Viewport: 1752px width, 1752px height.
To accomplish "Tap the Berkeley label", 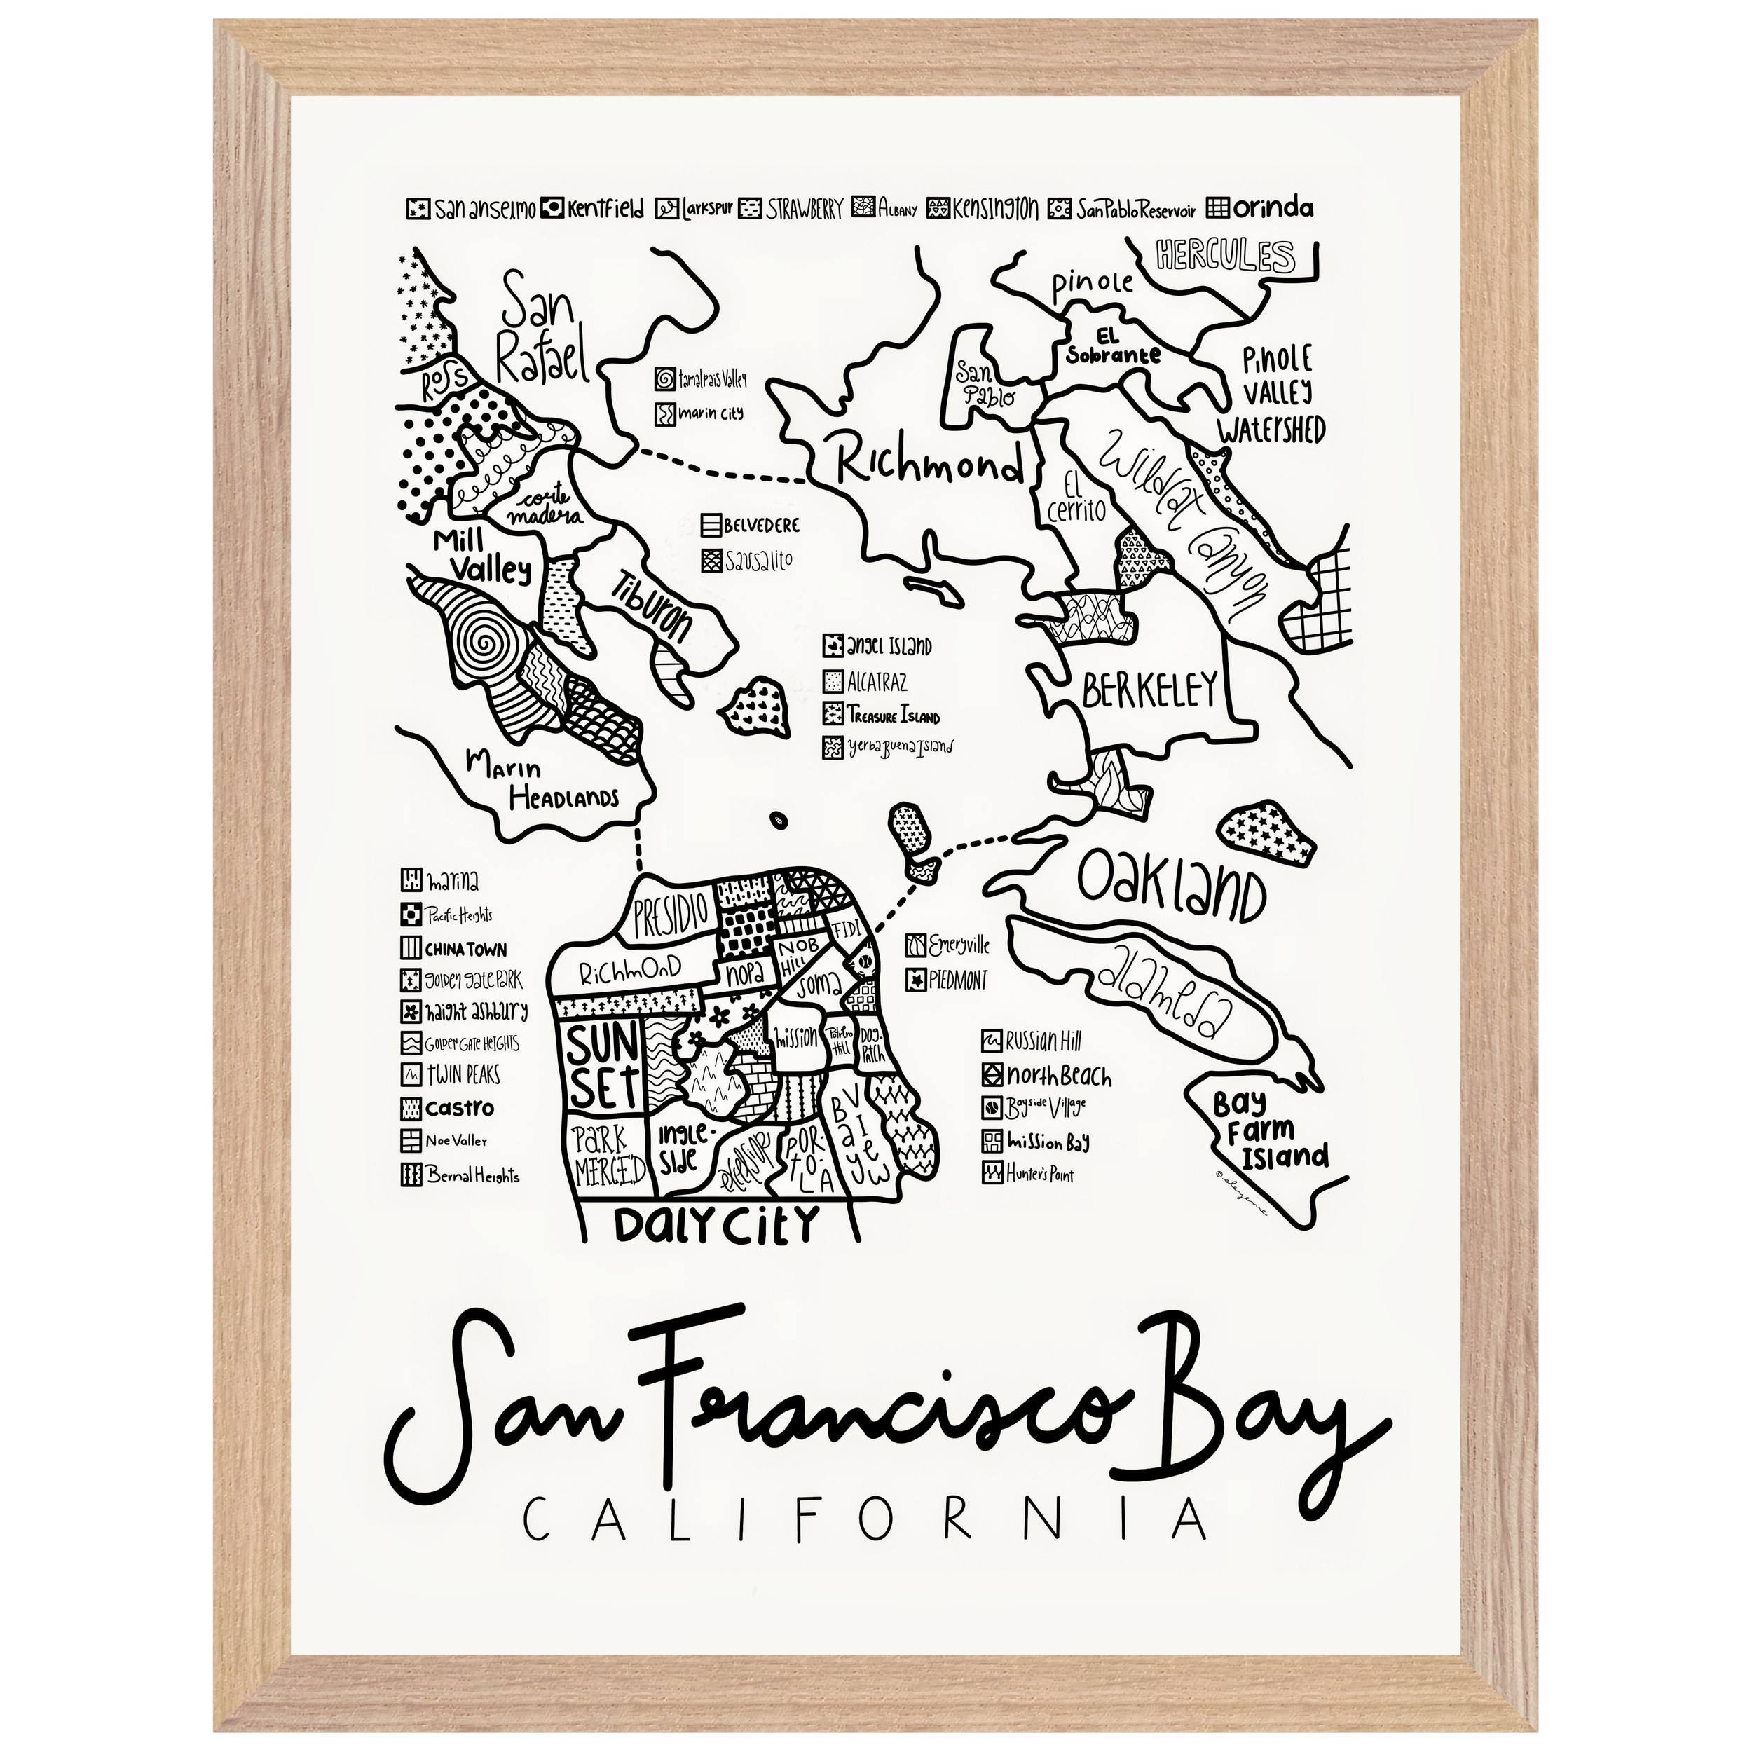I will (x=1148, y=691).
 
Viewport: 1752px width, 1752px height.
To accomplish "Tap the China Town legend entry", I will (x=453, y=950).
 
